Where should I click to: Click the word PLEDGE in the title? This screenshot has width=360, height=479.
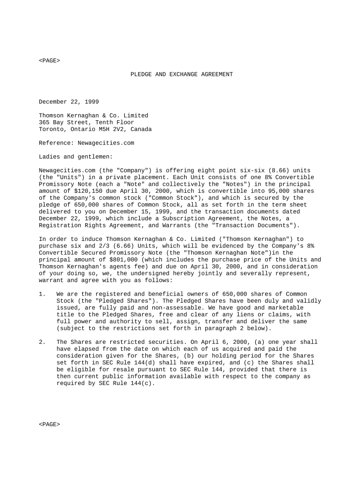click(141, 74)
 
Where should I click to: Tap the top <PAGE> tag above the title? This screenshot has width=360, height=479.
click(49, 61)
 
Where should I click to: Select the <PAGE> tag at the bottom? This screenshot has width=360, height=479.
click(49, 424)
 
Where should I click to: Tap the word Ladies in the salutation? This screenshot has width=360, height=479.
click(49, 157)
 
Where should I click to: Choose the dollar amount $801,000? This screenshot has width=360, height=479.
click(125, 260)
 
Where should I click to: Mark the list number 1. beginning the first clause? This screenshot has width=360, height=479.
click(42, 294)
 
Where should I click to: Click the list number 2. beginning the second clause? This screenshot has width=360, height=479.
click(42, 342)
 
